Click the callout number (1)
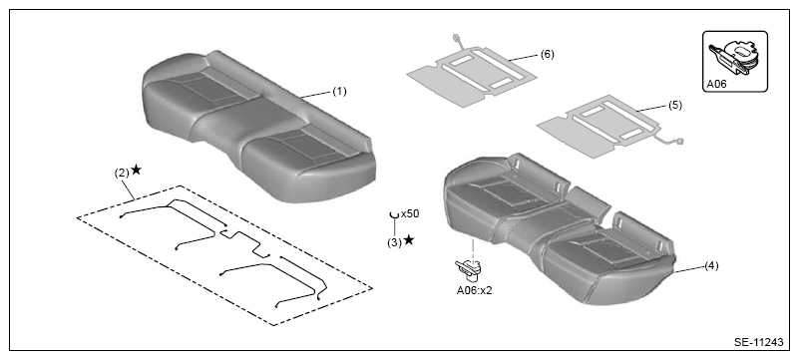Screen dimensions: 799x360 339,91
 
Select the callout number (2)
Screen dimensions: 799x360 122,174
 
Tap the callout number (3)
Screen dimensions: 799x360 394,242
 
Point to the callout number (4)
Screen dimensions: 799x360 711,266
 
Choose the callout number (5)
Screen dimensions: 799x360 674,106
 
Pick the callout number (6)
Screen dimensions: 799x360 548,55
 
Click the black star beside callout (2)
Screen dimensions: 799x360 136,170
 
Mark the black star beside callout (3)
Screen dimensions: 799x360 409,239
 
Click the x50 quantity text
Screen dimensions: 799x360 410,213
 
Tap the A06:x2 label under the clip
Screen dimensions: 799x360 475,291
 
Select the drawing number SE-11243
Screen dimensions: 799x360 759,342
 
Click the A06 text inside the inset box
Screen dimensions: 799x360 716,85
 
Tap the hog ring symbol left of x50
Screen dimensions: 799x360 394,215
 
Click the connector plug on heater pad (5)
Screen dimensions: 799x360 679,142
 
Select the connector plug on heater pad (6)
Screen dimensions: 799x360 456,37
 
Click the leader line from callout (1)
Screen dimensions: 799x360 316,94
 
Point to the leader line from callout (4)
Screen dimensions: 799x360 689,269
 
